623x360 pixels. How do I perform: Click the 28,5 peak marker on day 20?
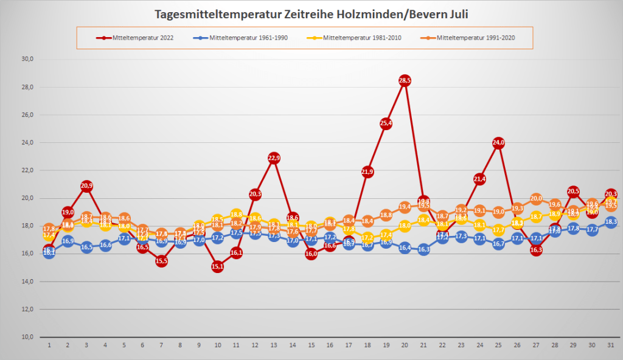tap(405, 80)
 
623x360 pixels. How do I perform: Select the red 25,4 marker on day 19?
tap(386, 123)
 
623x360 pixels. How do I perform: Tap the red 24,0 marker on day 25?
tap(498, 143)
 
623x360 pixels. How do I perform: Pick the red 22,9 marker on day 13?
tap(274, 158)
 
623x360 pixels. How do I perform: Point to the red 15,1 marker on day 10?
tap(217, 266)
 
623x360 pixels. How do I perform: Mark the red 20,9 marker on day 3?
tap(86, 186)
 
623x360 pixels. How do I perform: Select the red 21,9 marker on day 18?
tap(367, 172)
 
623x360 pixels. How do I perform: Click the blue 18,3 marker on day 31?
tap(611, 222)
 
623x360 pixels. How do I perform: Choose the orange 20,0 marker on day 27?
tap(536, 198)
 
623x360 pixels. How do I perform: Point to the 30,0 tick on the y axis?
tap(27, 59)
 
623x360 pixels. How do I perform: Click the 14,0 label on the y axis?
tap(27, 282)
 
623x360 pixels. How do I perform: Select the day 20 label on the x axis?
tap(405, 345)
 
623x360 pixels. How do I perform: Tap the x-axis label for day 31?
tap(611, 345)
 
